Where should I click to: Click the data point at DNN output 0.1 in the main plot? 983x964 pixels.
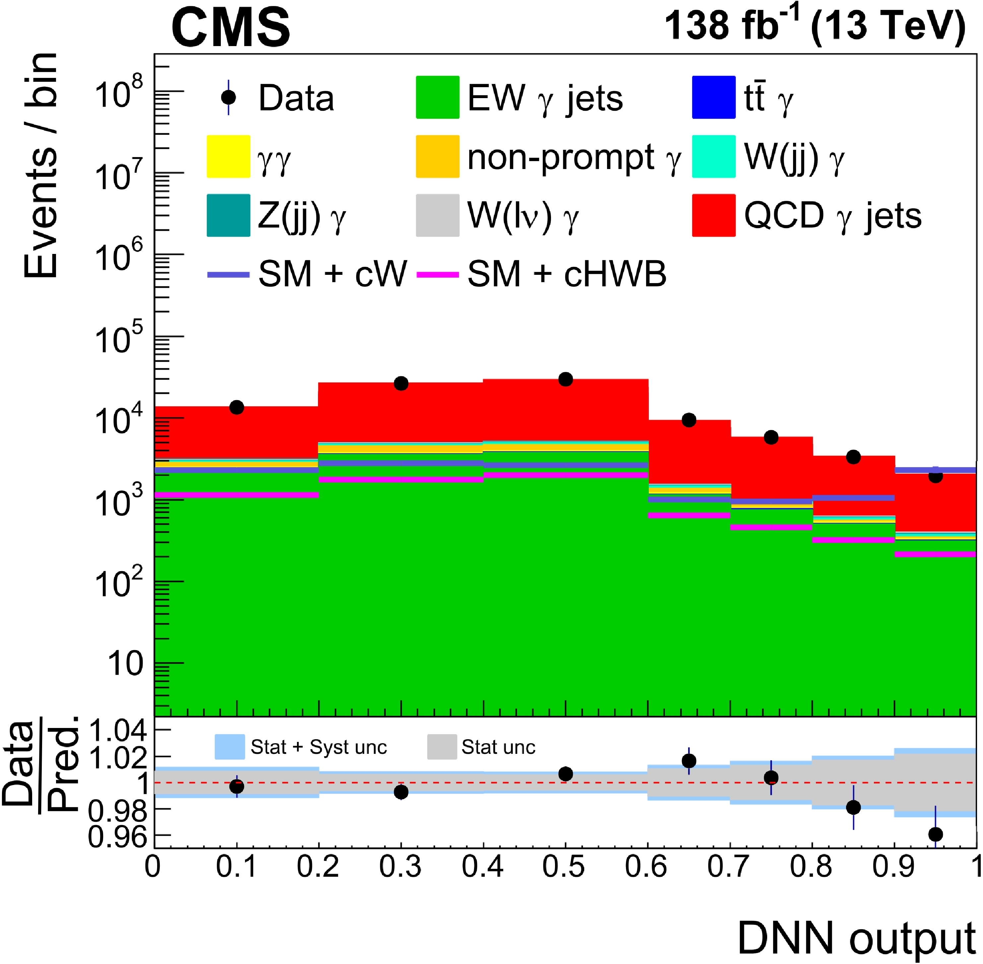[236, 407]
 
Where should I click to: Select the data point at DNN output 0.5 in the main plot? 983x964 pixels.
[566, 379]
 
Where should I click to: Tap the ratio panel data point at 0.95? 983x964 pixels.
[935, 834]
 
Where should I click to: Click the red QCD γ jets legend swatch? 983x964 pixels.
[713, 215]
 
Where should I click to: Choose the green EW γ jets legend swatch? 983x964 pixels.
[438, 97]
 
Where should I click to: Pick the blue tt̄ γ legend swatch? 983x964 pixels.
[713, 97]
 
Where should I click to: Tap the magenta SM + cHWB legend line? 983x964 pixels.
[438, 275]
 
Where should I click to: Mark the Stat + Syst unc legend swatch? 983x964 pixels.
[229, 747]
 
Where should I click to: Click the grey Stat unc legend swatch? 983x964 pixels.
[442, 747]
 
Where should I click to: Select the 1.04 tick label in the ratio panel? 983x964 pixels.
[117, 731]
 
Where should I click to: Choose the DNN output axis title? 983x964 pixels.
[856, 938]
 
